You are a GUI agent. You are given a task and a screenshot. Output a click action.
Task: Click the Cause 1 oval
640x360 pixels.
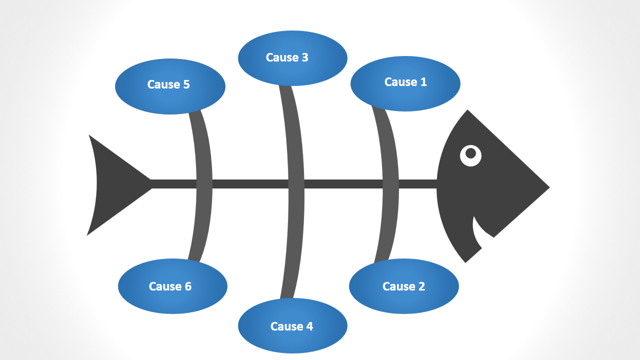point(405,95)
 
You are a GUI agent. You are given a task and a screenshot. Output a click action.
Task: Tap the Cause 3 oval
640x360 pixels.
point(292,70)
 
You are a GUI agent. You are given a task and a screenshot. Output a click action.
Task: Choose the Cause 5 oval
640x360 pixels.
point(170,97)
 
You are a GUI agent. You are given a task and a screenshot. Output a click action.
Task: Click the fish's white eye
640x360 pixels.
point(470,155)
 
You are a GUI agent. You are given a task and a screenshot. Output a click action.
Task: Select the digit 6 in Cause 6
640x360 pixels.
point(187,286)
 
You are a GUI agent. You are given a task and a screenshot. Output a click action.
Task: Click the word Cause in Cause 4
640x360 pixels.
point(286,326)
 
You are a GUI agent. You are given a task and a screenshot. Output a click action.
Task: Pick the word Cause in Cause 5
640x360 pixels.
point(163,84)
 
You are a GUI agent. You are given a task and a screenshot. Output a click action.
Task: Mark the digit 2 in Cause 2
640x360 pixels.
point(421,286)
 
